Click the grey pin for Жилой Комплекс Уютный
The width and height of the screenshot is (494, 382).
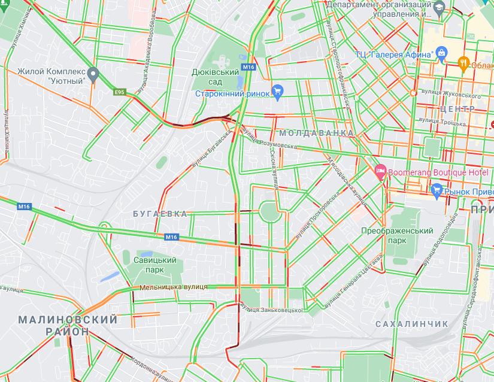[92, 74]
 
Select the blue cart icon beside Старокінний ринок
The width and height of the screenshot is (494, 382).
[277, 91]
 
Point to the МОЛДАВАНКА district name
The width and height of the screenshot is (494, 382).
[316, 132]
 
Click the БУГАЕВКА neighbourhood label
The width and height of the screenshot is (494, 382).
[160, 214]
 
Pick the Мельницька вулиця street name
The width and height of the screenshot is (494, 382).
[173, 287]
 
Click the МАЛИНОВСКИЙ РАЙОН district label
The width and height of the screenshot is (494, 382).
[67, 325]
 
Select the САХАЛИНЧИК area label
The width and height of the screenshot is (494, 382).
[411, 324]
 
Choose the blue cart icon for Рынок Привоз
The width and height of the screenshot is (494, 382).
[437, 191]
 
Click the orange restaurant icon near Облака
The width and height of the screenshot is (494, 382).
[462, 63]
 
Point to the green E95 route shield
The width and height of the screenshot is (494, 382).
[120, 92]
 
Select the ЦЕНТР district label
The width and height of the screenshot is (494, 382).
[457, 109]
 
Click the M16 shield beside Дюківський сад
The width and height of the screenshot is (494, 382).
[248, 67]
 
